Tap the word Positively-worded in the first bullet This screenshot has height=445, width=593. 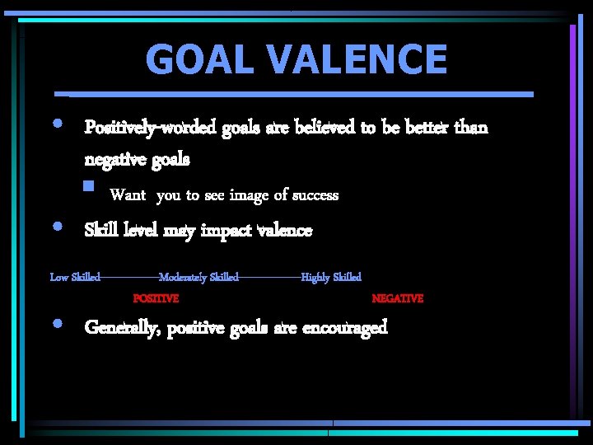pos(151,128)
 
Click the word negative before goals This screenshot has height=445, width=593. pos(116,158)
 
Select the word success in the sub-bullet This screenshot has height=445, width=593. pos(311,195)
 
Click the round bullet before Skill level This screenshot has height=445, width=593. pos(55,225)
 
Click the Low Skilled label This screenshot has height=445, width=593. pos(75,277)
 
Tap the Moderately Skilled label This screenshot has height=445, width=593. pos(198,277)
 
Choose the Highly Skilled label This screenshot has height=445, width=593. pos(331,277)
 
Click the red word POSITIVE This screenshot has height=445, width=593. pos(156,298)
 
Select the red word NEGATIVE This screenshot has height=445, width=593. pos(397,298)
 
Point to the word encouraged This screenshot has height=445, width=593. pos(344,328)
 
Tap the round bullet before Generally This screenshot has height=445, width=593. pos(55,323)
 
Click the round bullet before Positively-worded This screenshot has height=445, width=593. pos(55,123)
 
